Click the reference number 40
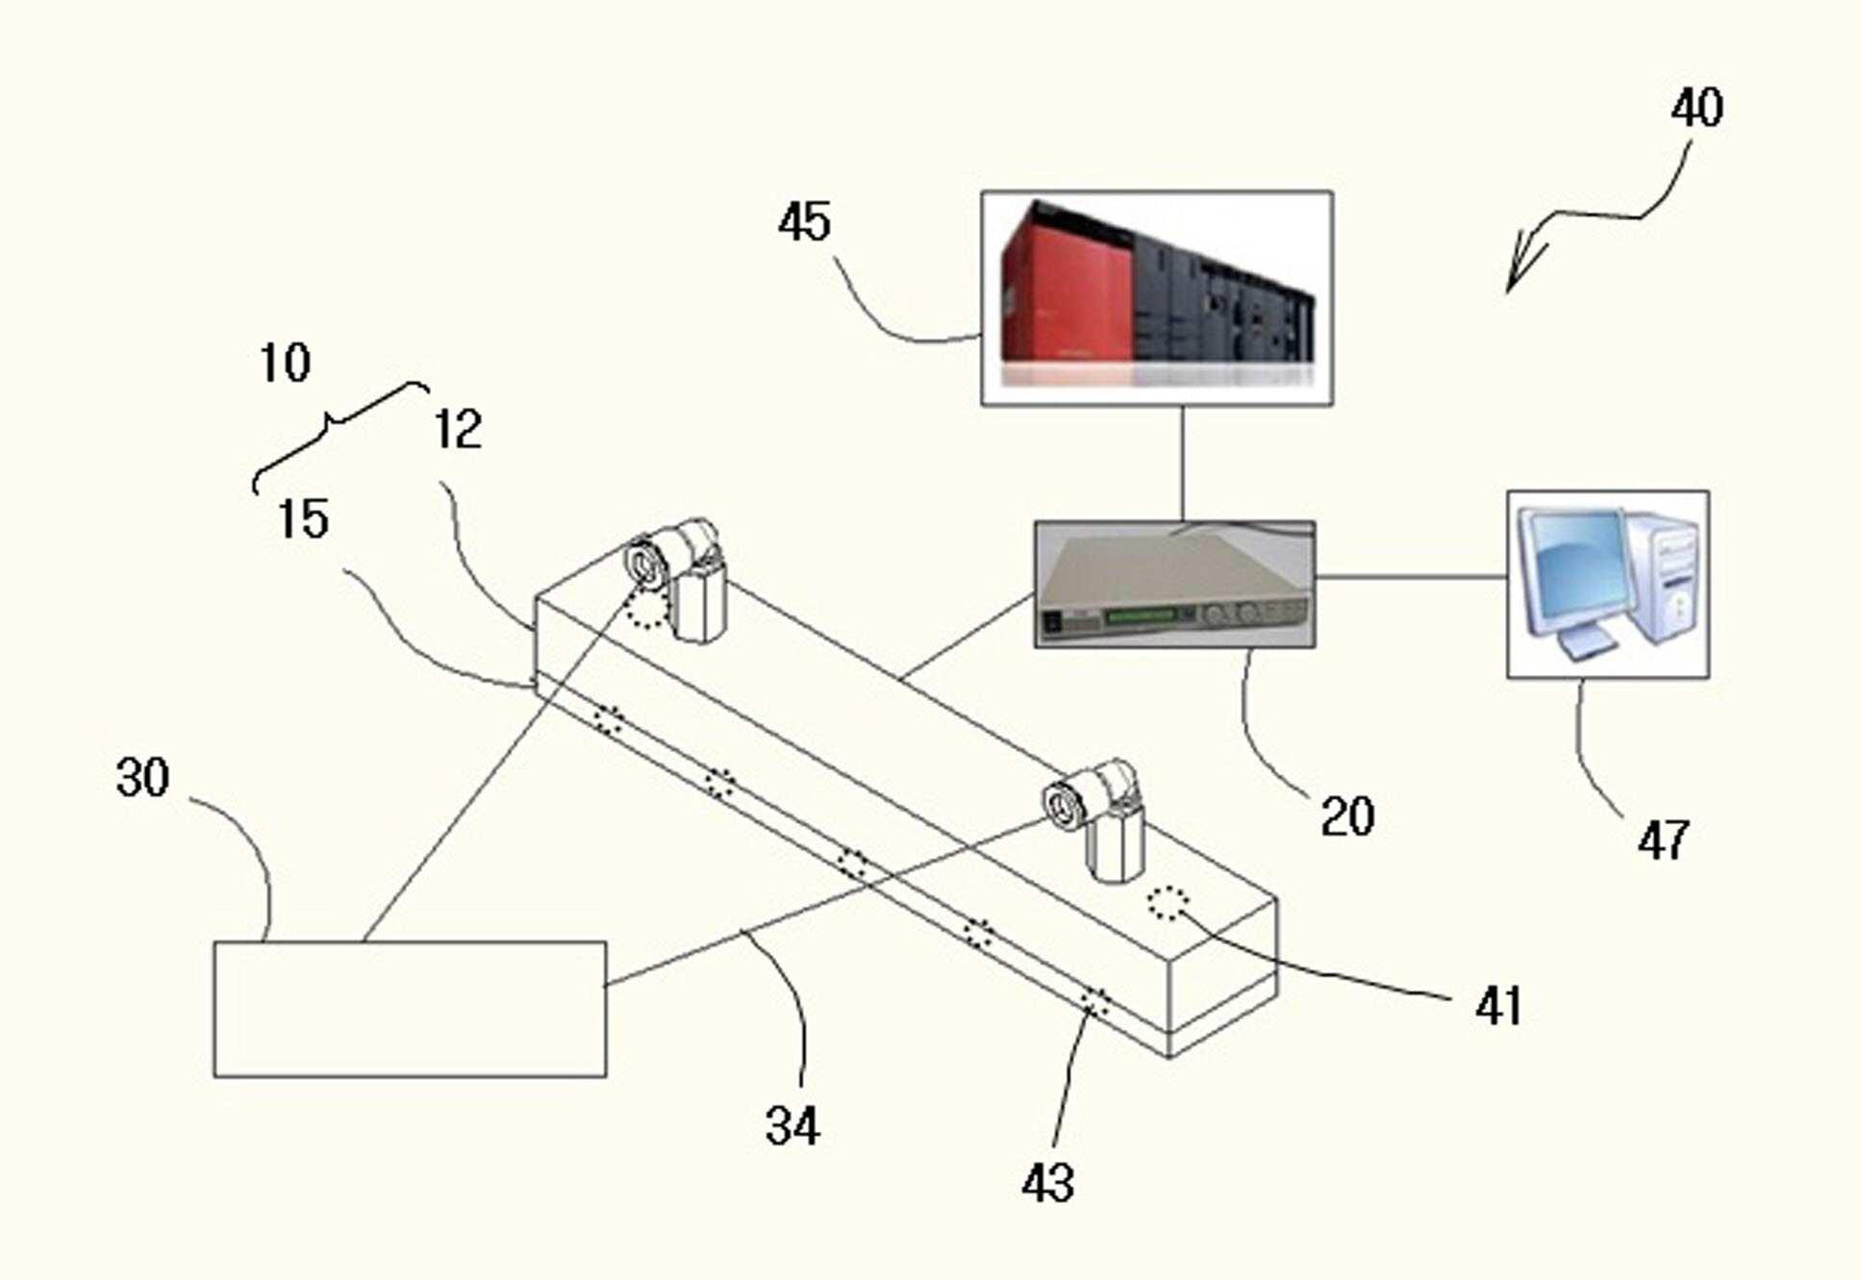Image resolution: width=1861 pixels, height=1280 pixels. pos(1697,108)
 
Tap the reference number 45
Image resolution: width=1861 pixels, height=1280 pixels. pos(804,221)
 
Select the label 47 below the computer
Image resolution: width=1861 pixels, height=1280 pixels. pos(1663,840)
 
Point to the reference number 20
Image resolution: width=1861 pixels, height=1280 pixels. pos(1347,816)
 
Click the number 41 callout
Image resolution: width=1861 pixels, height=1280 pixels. pos(1497,1006)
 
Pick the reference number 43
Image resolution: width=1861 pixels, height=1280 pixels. pos(1047,1182)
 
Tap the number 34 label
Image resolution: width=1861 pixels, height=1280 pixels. pos(792,1125)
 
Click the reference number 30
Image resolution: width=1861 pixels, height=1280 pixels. pos(142,777)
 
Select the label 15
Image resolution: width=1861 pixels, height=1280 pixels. pos(303,519)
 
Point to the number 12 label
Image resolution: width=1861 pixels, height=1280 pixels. pos(458,429)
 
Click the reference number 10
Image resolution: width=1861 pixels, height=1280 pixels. pos(285,364)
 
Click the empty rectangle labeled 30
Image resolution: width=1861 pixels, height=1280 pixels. pos(410,1009)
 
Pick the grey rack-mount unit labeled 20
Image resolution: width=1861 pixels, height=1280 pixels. pos(1174,585)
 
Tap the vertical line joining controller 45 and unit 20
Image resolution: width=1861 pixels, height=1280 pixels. pos(1183,464)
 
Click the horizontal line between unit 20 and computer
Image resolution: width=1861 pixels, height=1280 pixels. pos(1411,577)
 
